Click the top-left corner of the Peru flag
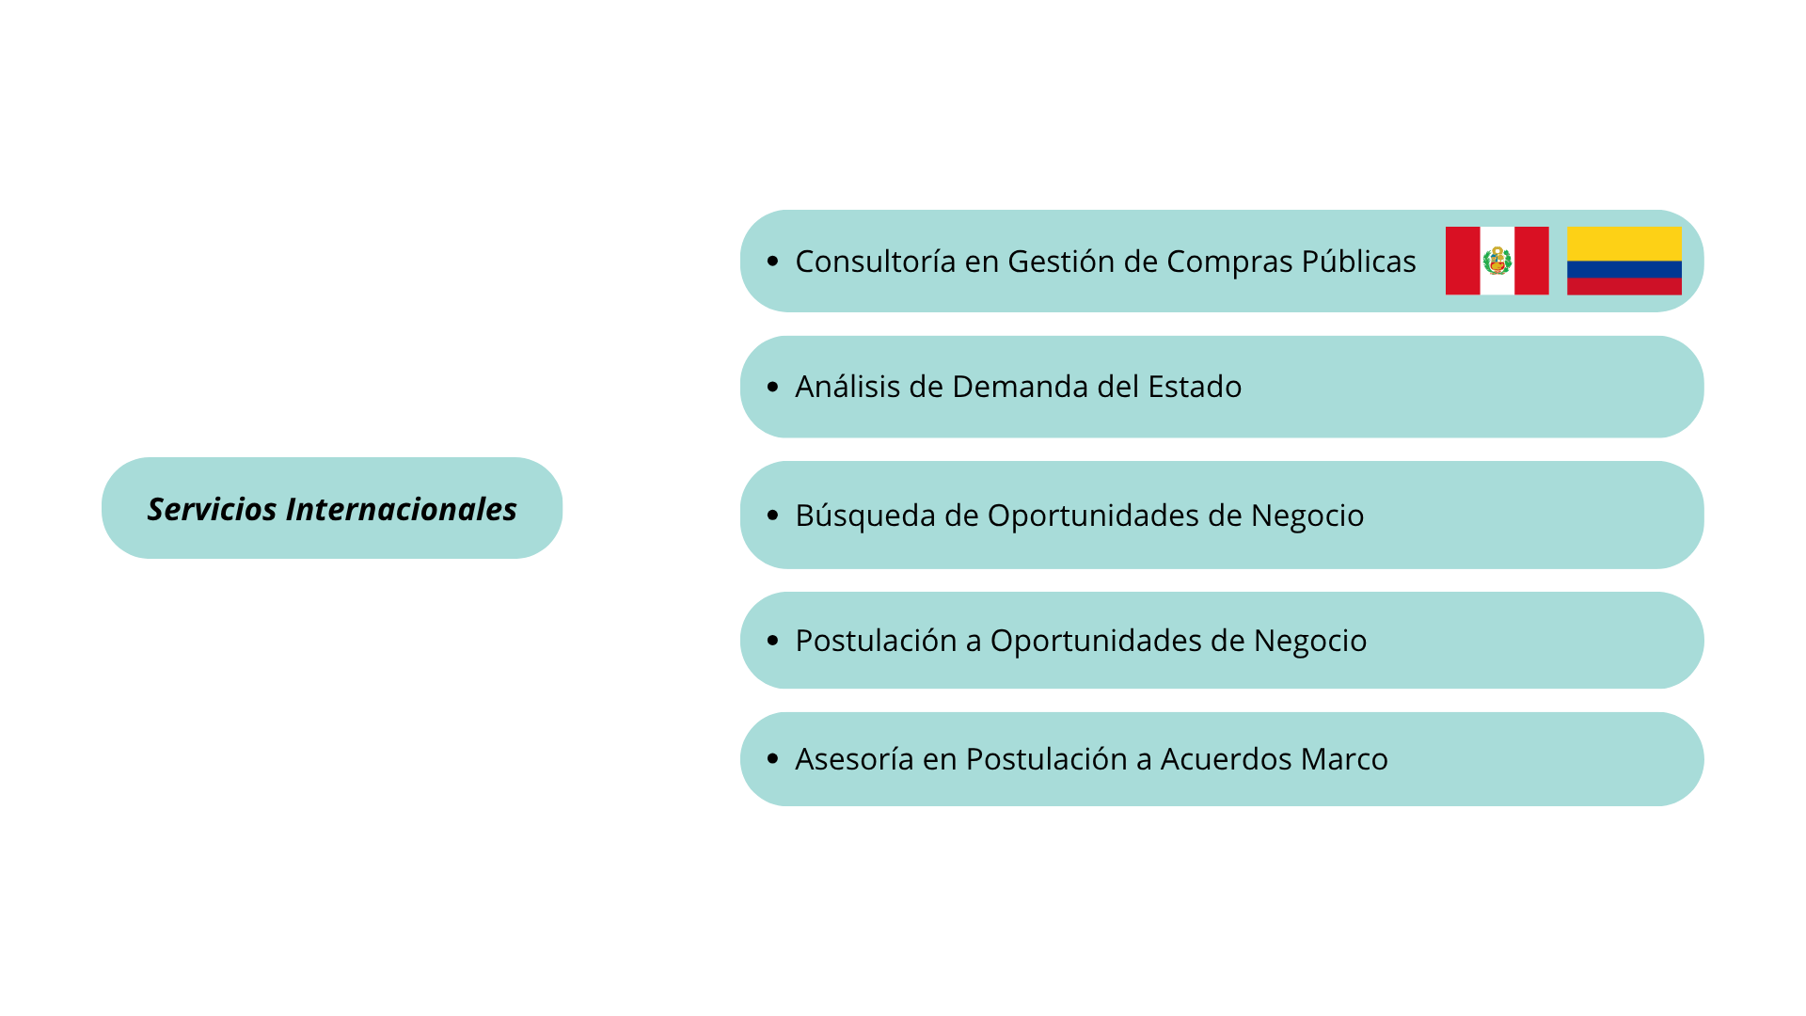1446,227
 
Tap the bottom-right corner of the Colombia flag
1682,295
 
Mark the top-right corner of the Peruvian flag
1549,227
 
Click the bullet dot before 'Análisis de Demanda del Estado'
773,387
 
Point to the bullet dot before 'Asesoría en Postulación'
773,758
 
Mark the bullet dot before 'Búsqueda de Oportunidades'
773,515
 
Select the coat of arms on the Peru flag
1497,261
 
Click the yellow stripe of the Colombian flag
1624,244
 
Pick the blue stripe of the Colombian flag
1624,270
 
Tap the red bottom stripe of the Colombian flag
1624,287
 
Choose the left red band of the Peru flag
1463,261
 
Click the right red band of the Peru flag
1532,261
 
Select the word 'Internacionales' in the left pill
402,509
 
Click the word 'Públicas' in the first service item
1359,261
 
